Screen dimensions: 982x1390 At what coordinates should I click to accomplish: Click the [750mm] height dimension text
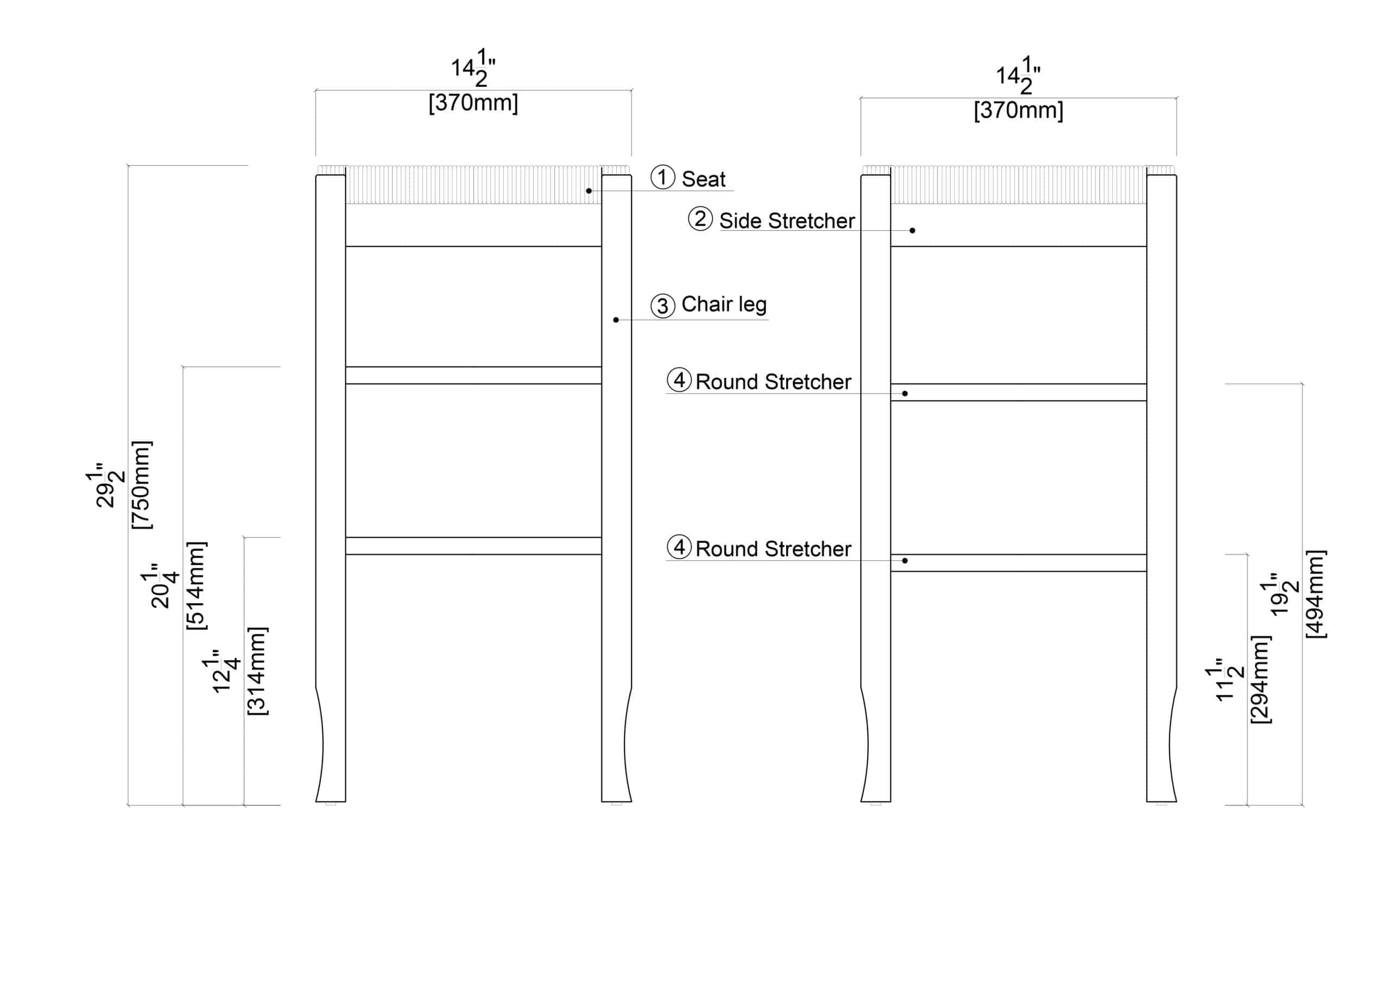click(142, 485)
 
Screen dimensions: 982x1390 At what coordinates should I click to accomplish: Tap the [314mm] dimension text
click(257, 671)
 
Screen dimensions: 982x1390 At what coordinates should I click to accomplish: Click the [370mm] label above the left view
click(473, 103)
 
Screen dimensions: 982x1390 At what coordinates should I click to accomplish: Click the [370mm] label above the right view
click(1018, 111)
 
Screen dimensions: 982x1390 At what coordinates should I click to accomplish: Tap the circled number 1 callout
click(662, 178)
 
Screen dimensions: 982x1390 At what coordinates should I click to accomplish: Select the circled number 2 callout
click(700, 219)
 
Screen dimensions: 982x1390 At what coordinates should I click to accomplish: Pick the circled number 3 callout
click(662, 306)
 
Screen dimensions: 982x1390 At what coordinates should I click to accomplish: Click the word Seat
click(704, 179)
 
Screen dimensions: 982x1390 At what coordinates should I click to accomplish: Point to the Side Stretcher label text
click(786, 221)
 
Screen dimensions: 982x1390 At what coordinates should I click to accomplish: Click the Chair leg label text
click(724, 304)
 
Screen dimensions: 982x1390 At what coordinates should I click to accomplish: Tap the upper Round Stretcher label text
click(773, 382)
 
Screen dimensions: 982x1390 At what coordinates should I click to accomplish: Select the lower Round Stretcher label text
click(773, 549)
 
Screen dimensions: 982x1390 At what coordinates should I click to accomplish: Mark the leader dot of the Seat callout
click(589, 191)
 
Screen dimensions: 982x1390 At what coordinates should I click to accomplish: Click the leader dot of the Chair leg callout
click(616, 320)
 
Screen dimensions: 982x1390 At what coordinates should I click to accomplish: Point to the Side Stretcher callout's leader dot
click(912, 231)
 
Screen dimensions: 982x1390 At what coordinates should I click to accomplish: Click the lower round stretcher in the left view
click(473, 546)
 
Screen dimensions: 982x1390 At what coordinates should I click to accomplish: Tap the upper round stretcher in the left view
click(473, 375)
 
